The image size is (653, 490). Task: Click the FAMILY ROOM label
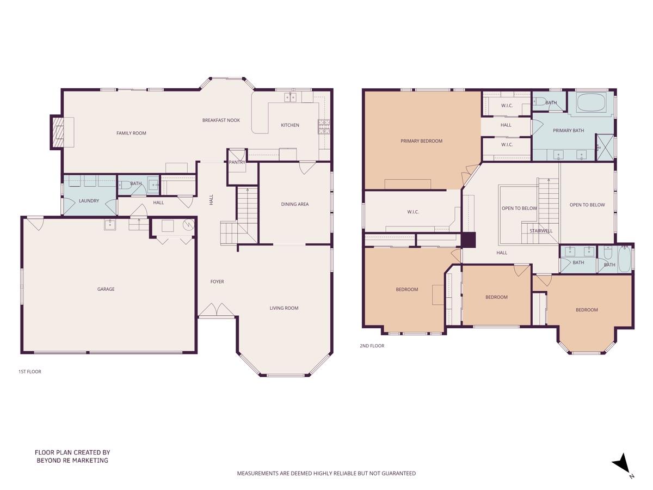[x=131, y=133]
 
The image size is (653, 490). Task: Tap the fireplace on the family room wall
[x=58, y=132]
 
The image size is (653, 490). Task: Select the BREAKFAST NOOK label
[x=221, y=120]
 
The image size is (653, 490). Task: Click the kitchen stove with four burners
[x=324, y=127]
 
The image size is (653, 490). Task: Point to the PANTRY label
[x=237, y=162]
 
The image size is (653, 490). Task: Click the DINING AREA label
[x=294, y=204]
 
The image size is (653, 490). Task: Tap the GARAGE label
[x=106, y=289]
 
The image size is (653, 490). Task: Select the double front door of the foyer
[x=217, y=311]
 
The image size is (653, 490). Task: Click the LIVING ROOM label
[x=284, y=308]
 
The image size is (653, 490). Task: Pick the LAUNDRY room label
[x=89, y=201]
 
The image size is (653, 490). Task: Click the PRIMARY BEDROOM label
[x=421, y=141]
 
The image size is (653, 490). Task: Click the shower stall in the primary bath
[x=605, y=146]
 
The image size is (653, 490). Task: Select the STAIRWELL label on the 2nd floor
[x=540, y=231]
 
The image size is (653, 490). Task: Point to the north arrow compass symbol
[x=621, y=464]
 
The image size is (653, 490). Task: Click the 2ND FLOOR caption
[x=372, y=346]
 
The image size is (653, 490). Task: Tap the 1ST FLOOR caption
[x=30, y=372]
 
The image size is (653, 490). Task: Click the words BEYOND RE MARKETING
[x=72, y=461]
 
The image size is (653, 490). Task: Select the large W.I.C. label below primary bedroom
[x=412, y=212]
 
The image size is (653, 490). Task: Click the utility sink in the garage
[x=110, y=224]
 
